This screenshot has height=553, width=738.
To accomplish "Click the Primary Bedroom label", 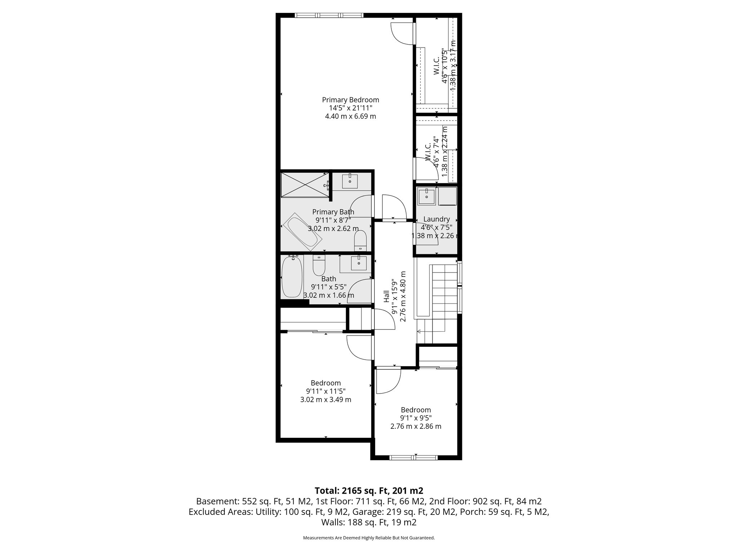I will pyautogui.click(x=350, y=100).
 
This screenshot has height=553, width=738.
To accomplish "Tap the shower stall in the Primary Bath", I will pyautogui.click(x=305, y=185).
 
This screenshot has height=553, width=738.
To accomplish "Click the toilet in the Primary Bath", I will pyautogui.click(x=360, y=240).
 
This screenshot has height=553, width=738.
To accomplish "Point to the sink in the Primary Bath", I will pyautogui.click(x=350, y=181).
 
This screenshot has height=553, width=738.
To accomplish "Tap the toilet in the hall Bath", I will pyautogui.click(x=319, y=266).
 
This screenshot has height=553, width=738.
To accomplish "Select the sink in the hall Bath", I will pyautogui.click(x=359, y=263).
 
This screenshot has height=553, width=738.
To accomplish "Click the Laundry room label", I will pyautogui.click(x=436, y=219).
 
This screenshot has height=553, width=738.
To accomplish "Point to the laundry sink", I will pyautogui.click(x=426, y=196).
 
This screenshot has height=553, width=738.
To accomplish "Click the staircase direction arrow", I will pyautogui.click(x=419, y=331).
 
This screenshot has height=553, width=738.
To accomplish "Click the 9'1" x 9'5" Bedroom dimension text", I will pyautogui.click(x=416, y=418).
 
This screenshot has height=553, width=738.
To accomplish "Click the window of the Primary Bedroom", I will pyautogui.click(x=329, y=15).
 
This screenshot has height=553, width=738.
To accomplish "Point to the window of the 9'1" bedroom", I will pyautogui.click(x=414, y=458).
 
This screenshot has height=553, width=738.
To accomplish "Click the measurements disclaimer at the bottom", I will pyautogui.click(x=369, y=538).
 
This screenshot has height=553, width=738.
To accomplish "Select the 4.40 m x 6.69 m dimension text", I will pyautogui.click(x=350, y=116).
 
